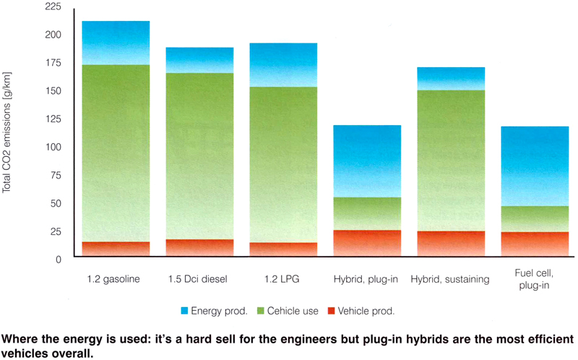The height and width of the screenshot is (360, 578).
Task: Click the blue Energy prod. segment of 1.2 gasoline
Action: click(x=116, y=43)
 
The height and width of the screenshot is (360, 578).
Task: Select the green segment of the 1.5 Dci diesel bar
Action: click(x=199, y=156)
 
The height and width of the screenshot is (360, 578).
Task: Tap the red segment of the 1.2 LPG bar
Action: click(x=283, y=249)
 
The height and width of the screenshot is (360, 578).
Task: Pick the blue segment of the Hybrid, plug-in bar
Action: click(x=367, y=161)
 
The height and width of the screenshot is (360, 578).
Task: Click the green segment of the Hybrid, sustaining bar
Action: click(x=451, y=160)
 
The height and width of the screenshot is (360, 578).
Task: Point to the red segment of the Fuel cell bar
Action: click(x=535, y=244)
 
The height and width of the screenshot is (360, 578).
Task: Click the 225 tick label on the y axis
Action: click(x=53, y=7)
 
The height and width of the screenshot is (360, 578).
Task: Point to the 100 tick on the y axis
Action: click(x=53, y=147)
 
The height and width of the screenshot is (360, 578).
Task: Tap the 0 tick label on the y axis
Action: click(x=59, y=260)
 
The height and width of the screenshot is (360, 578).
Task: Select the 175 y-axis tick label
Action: click(x=53, y=63)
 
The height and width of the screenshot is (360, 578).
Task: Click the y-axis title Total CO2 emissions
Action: click(x=7, y=132)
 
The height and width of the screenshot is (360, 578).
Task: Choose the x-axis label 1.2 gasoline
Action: click(x=113, y=279)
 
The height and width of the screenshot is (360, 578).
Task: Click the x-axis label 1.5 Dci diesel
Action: click(x=197, y=279)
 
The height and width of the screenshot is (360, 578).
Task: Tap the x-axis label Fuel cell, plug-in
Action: click(x=534, y=279)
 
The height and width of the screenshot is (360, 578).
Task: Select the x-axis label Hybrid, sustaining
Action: click(x=450, y=279)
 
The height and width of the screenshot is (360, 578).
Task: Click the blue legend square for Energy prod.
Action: click(x=184, y=311)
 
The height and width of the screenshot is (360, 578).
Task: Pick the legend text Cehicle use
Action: click(x=293, y=311)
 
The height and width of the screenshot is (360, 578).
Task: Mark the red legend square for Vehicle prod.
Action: click(x=331, y=311)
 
